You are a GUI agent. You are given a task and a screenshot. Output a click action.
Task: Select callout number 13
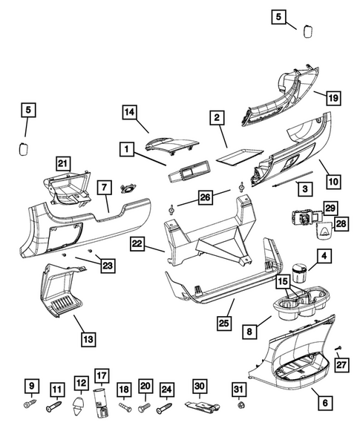[88, 339]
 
